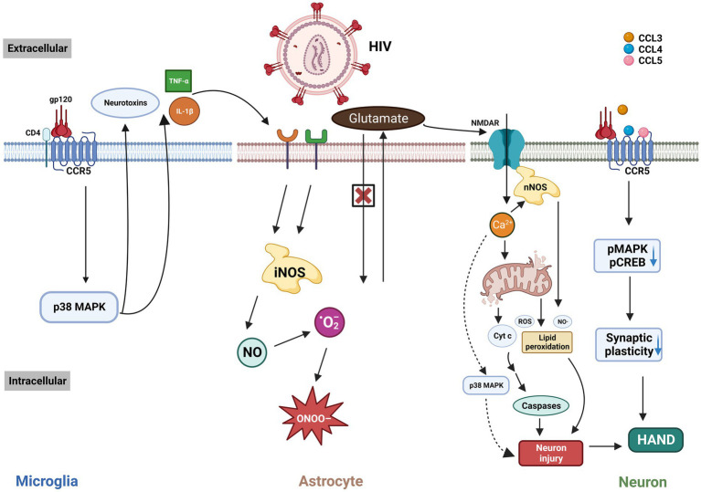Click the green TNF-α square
point(178,81)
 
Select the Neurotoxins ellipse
point(125,102)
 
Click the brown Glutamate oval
point(378,119)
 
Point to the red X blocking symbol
point(363,195)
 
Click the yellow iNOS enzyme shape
point(292,268)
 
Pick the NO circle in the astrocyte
point(252,352)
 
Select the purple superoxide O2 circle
point(330,322)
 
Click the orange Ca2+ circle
point(502,225)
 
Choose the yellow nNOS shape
point(536,186)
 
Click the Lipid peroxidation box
point(547,342)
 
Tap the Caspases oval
point(541,406)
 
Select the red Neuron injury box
point(551,453)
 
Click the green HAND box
point(656,440)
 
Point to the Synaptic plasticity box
point(629,345)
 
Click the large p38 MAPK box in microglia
point(80,307)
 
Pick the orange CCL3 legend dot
point(629,37)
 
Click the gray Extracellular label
point(37,48)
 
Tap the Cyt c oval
point(502,336)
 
